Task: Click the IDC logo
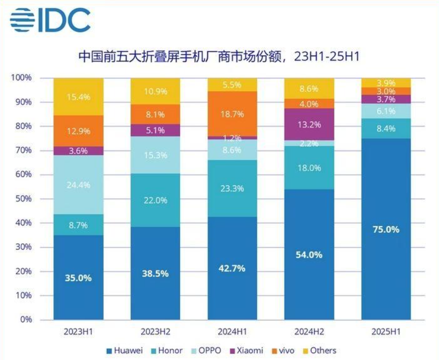tap(50, 21)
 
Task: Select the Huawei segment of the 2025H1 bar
tap(386, 229)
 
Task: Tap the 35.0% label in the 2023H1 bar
tap(79, 278)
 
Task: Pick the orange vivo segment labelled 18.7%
tap(232, 114)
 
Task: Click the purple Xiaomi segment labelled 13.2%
tap(309, 124)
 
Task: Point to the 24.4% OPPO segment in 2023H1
tap(79, 185)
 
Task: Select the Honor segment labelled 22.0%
tap(155, 200)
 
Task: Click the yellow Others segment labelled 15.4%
tap(79, 97)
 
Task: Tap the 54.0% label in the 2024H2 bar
tap(309, 254)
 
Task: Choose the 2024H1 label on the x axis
tap(232, 331)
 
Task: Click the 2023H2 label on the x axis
tap(155, 331)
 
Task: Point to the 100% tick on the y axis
tap(21, 78)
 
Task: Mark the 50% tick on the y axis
tap(23, 199)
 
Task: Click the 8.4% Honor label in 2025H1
tap(386, 129)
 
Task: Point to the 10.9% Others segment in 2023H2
tap(155, 91)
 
